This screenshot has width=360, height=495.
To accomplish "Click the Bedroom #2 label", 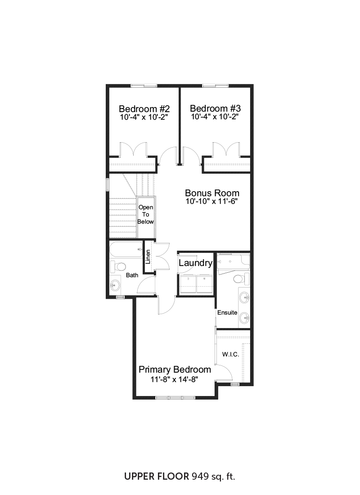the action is (144, 109).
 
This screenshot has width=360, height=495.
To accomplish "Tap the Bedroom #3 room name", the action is (215, 108).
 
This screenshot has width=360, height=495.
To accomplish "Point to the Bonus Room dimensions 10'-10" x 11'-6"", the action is (211, 202).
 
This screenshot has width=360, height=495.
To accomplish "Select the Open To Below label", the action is (146, 214).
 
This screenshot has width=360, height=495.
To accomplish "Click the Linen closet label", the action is (148, 257).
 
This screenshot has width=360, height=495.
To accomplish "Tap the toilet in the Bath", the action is (118, 267).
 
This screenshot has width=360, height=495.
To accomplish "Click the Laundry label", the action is (195, 263).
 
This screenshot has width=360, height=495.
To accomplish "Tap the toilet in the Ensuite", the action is (241, 279).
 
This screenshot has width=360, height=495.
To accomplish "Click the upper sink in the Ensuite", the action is (244, 297).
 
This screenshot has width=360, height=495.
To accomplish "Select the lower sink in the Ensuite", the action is (244, 318).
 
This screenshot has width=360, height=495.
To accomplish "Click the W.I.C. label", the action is (230, 355).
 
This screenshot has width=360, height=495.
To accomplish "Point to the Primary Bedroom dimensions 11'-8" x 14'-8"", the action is (174, 379).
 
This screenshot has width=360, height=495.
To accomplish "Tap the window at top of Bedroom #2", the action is (144, 85).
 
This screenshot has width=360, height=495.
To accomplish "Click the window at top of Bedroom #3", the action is (215, 85).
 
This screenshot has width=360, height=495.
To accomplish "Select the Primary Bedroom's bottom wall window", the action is (175, 397).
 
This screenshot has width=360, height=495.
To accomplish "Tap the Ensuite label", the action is (227, 313).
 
